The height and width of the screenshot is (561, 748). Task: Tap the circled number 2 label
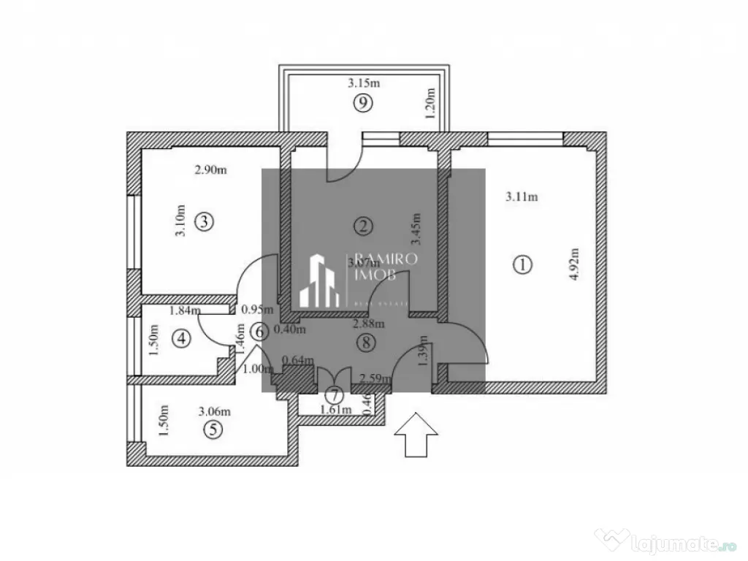point(364,225)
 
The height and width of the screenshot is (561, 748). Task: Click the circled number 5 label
point(213,430)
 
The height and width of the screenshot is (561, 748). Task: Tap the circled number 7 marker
point(334,395)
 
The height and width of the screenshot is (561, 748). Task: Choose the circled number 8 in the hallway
point(367,341)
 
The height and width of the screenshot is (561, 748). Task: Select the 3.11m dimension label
point(522,196)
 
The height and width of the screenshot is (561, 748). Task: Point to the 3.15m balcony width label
point(363,83)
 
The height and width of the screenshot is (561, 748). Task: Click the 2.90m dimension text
point(210,170)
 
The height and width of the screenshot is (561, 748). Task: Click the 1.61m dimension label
point(337,410)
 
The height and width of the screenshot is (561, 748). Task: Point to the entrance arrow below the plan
point(416,435)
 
